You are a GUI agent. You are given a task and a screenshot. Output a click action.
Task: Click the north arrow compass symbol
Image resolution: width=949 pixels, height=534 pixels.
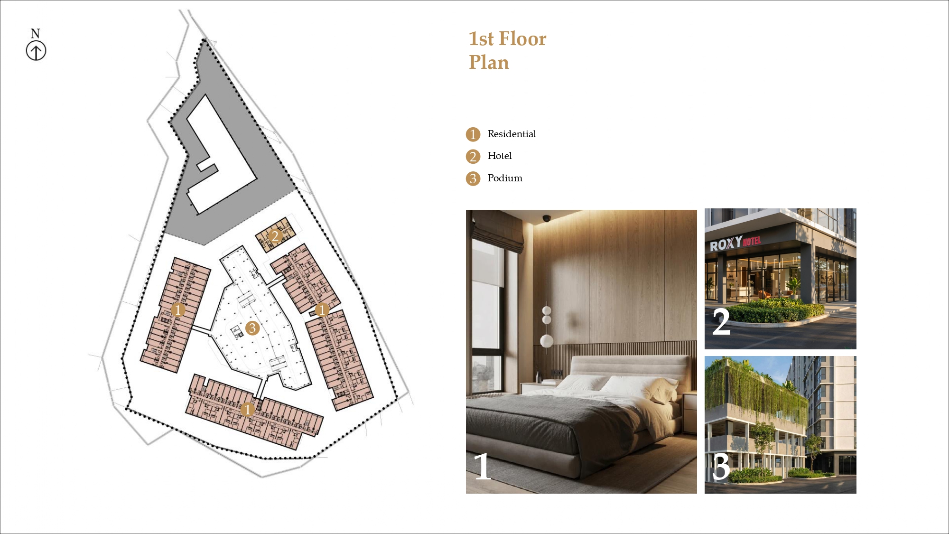coord(36,51)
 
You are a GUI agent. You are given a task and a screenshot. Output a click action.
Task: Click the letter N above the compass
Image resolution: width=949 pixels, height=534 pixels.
coord(35,33)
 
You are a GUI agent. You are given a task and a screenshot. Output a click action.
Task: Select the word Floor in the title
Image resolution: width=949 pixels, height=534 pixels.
coord(522,38)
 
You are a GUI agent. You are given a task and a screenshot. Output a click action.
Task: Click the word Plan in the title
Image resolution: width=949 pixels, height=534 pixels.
coord(489,62)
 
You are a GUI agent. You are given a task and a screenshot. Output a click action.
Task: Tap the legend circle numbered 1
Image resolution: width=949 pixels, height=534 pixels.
coord(473,134)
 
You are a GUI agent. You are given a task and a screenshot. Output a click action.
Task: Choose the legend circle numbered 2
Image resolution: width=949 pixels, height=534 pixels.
coord(473,156)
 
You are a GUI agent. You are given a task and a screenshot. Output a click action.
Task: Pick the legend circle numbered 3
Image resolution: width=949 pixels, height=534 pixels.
coord(473,178)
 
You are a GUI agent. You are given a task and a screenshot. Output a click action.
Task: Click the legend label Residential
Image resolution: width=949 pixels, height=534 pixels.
coord(512,134)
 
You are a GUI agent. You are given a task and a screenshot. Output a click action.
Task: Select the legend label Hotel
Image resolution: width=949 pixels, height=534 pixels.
coord(500,156)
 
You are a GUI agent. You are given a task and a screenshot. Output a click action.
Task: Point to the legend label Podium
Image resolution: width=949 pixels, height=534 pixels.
coord(505,178)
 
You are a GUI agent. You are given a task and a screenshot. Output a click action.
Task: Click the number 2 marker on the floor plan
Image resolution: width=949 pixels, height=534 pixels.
coord(275,236)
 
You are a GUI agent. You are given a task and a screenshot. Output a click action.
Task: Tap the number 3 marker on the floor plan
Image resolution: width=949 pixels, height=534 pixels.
coord(252,328)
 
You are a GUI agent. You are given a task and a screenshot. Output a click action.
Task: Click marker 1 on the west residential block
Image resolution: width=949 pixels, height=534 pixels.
coord(178,310)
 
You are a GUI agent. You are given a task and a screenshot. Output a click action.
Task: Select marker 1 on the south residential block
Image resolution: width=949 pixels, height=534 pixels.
coord(247,409)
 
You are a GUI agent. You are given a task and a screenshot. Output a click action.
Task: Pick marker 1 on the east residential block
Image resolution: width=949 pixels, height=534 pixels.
coord(322,310)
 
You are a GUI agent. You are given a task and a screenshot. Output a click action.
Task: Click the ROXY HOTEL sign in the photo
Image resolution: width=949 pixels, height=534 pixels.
coord(735,243)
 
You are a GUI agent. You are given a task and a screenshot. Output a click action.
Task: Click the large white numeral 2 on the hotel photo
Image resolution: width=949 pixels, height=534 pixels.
coord(721,321)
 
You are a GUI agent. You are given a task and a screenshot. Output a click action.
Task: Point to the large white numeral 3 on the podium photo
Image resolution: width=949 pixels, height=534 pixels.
coord(721,467)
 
